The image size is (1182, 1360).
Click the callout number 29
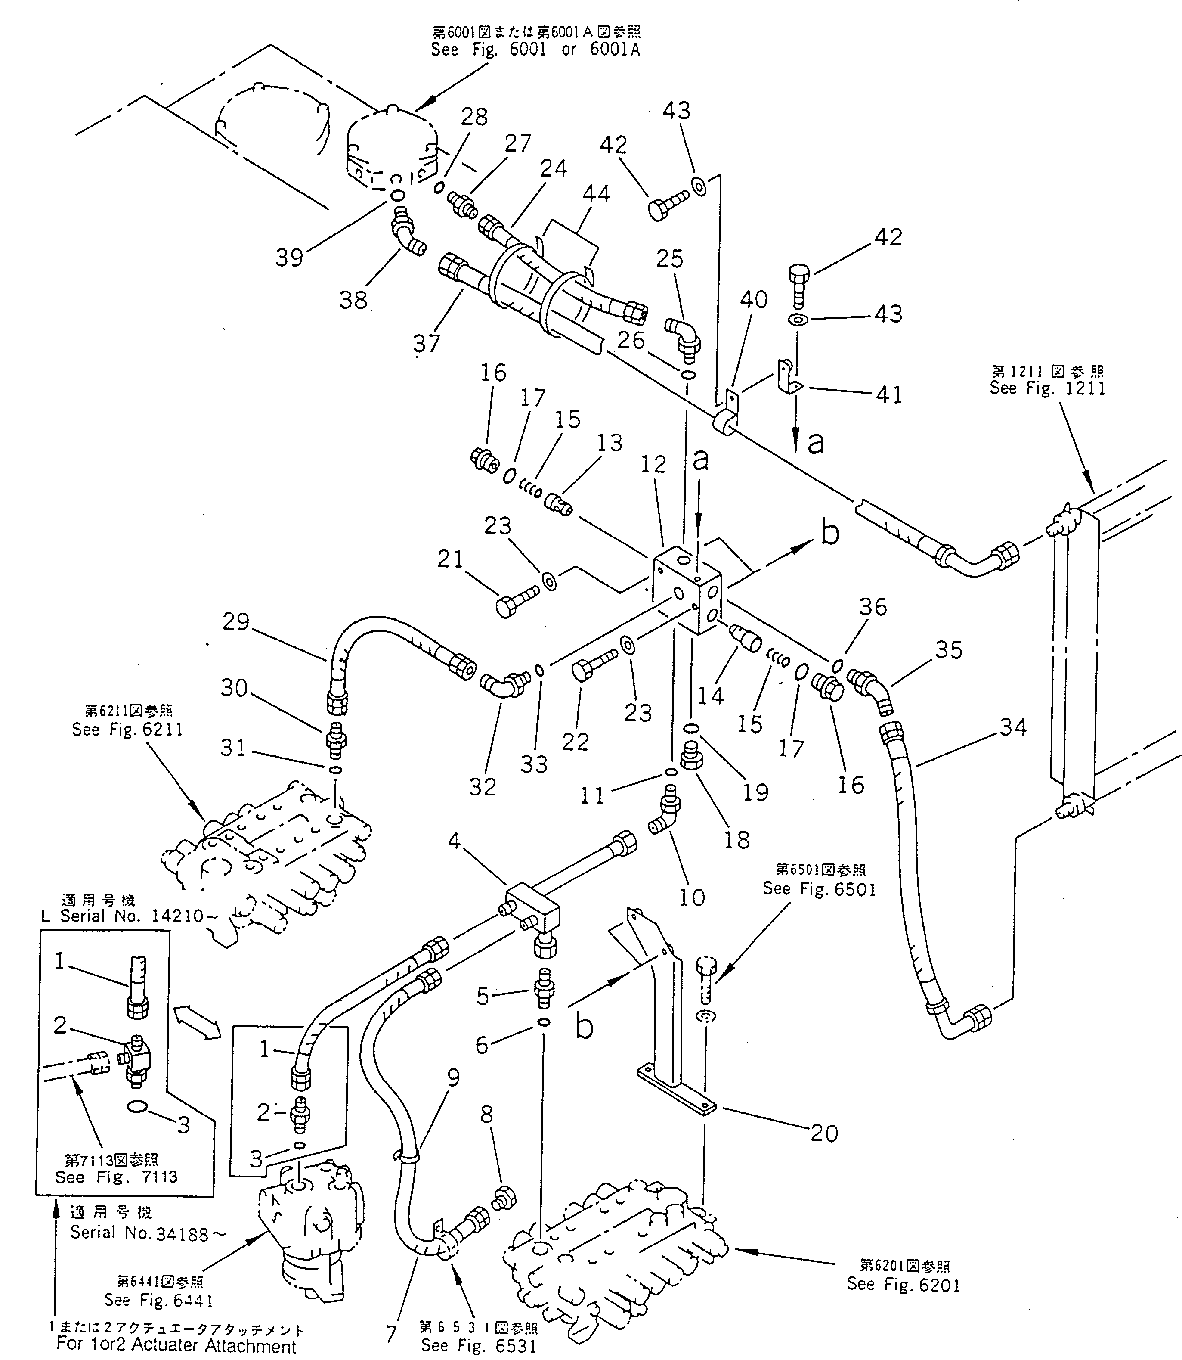235,621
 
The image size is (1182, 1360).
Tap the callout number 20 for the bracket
824,1133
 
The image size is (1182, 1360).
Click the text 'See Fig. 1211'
1047,388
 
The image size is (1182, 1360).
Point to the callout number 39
289,258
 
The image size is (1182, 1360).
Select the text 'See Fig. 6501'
819,889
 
